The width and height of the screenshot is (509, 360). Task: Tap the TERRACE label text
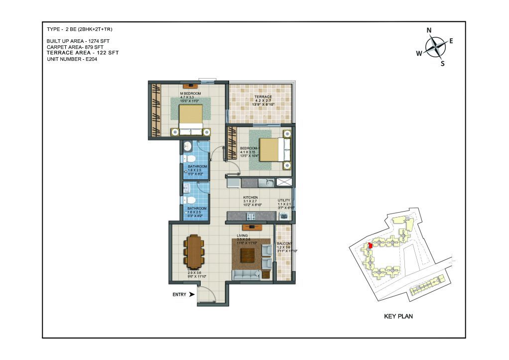click(x=262, y=97)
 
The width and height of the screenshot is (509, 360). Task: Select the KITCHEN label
click(x=250, y=198)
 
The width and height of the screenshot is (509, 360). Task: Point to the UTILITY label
click(x=284, y=201)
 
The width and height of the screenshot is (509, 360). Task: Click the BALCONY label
click(x=285, y=244)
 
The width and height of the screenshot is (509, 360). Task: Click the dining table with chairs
click(x=194, y=250)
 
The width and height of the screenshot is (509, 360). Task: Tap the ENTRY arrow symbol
click(x=192, y=294)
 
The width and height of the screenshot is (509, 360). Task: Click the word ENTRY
click(x=179, y=295)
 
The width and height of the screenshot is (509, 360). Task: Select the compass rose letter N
click(x=429, y=30)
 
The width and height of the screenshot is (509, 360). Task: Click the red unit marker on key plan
click(x=370, y=246)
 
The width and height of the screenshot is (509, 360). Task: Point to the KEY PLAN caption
click(x=398, y=316)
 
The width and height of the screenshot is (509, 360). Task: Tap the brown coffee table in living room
click(x=248, y=255)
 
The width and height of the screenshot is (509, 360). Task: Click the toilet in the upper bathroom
click(x=190, y=157)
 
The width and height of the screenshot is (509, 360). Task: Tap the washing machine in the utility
click(x=284, y=216)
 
